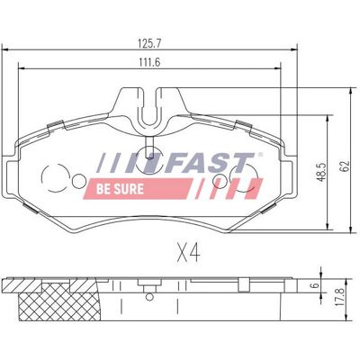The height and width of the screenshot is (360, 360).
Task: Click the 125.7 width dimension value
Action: pos(149,43)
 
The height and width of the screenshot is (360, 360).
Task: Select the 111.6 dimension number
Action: pos(149,62)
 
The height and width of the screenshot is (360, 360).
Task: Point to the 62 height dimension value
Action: pos(346,166)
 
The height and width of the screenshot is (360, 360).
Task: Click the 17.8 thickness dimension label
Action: pos(340,296)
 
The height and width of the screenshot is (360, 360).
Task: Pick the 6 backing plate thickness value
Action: pos(314,285)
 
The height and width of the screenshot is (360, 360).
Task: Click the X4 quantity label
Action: pos(188,253)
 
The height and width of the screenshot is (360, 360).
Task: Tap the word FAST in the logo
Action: pos(209,162)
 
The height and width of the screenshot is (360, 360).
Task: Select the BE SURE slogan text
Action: pos(120,189)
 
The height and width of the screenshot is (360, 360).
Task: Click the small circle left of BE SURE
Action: pos(79,181)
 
